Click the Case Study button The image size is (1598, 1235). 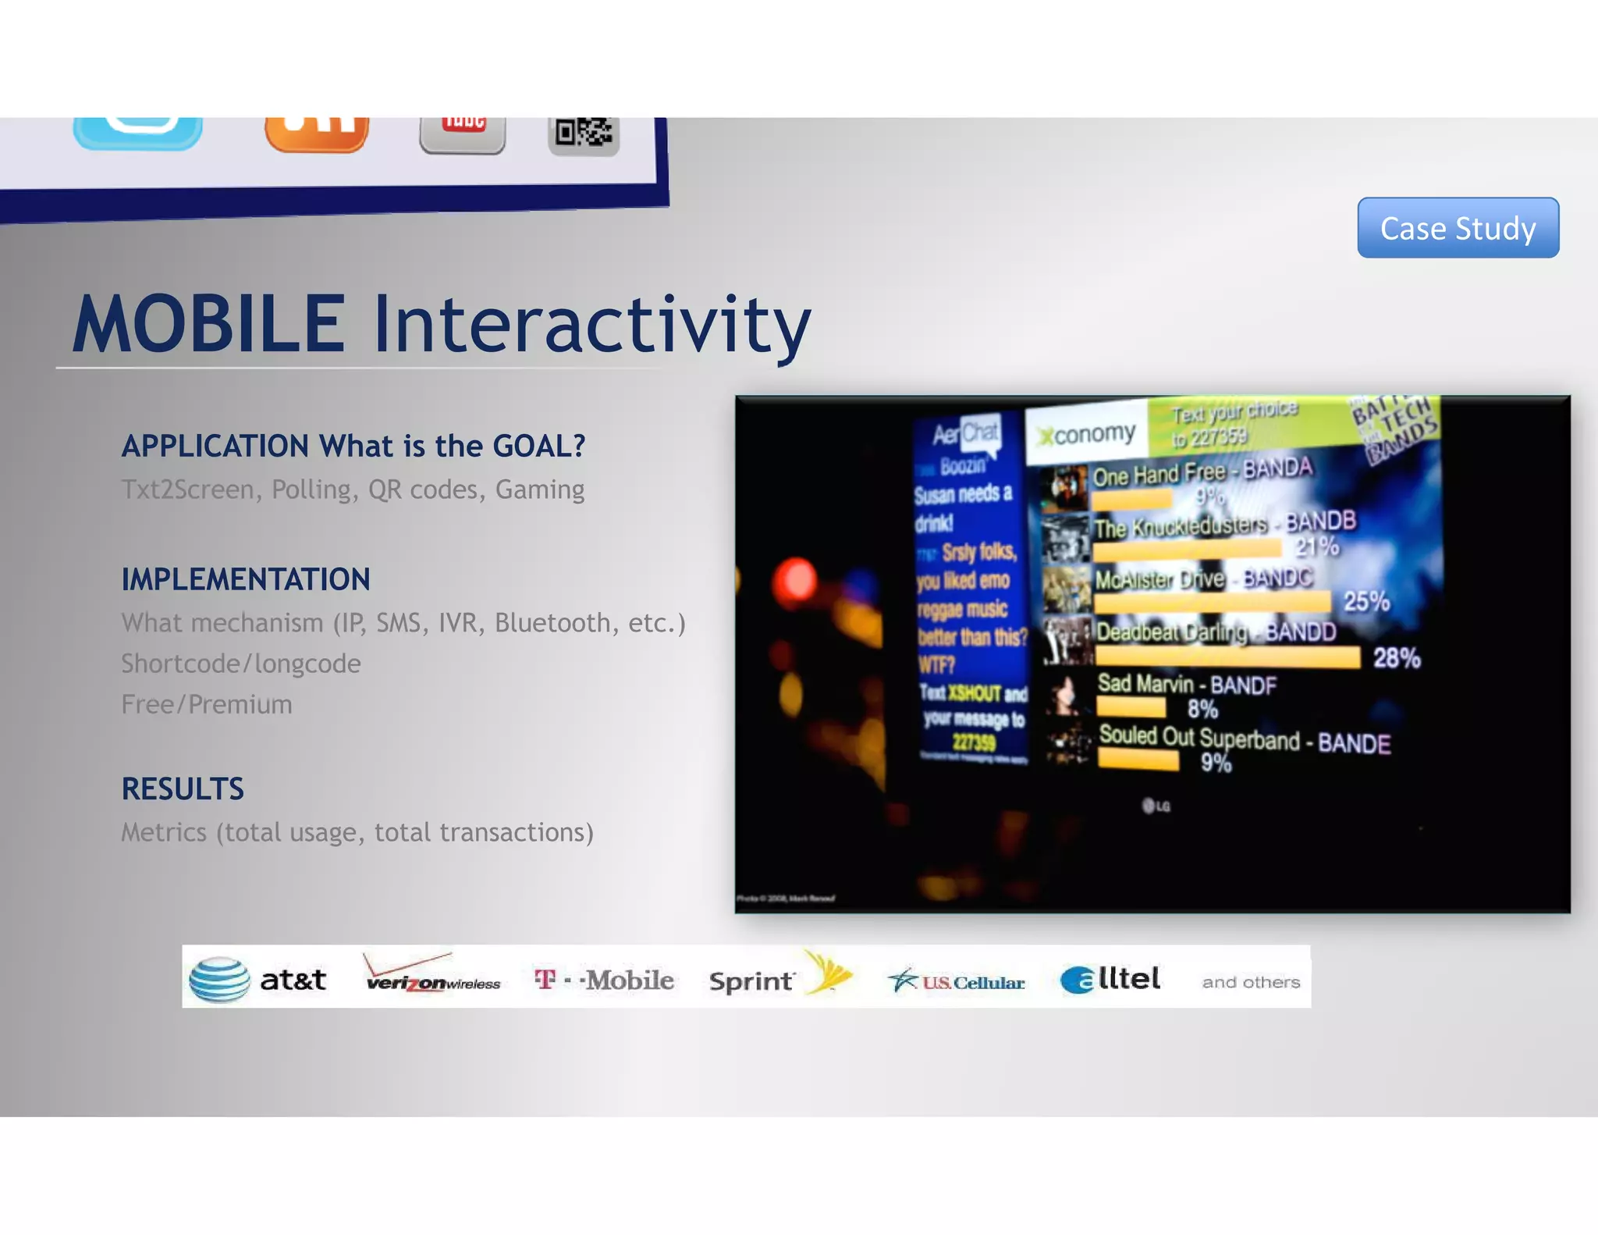[1458, 228]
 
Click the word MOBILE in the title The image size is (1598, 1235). [208, 323]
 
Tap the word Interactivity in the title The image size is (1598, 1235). [591, 323]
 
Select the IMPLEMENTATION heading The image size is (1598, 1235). [246, 579]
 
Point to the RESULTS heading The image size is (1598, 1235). [183, 788]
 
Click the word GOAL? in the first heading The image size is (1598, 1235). [539, 446]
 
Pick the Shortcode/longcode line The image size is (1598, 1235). [241, 664]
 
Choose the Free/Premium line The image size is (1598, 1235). [207, 704]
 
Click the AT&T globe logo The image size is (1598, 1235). [220, 979]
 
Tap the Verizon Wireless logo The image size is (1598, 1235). [432, 976]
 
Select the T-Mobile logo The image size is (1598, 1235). [604, 980]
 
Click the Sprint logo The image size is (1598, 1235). [780, 977]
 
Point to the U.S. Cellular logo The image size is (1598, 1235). [956, 981]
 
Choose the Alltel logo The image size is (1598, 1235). [1110, 979]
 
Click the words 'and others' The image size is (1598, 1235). [1251, 982]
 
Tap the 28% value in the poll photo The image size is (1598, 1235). [1397, 658]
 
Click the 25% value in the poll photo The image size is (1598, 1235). [1366, 601]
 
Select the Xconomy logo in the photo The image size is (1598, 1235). [1087, 433]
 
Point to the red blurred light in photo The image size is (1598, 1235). [795, 579]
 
